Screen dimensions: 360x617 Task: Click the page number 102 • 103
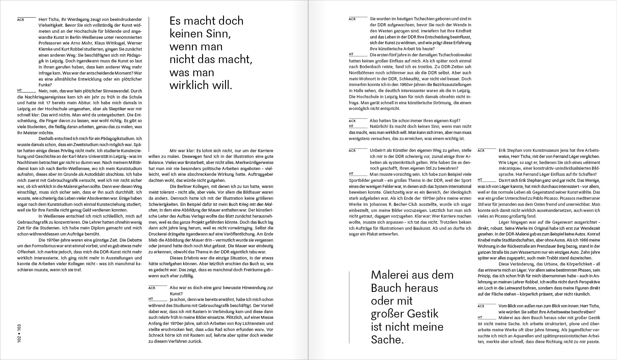[19, 333]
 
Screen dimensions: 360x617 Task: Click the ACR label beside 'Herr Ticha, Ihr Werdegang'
[21, 20]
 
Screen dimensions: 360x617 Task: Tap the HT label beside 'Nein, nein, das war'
[20, 90]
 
